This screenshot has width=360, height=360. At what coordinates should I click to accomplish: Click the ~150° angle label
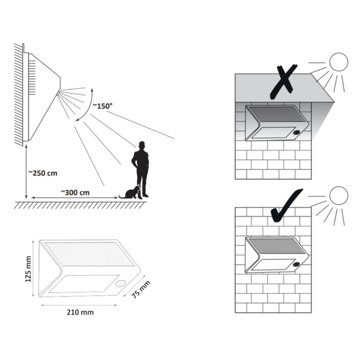[101, 106]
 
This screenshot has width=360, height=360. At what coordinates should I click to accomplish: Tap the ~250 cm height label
[44, 173]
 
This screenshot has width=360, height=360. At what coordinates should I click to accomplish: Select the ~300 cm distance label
[75, 192]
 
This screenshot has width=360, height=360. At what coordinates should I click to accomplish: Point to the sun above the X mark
[338, 62]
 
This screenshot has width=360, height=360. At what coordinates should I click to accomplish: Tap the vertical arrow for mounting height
[26, 173]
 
